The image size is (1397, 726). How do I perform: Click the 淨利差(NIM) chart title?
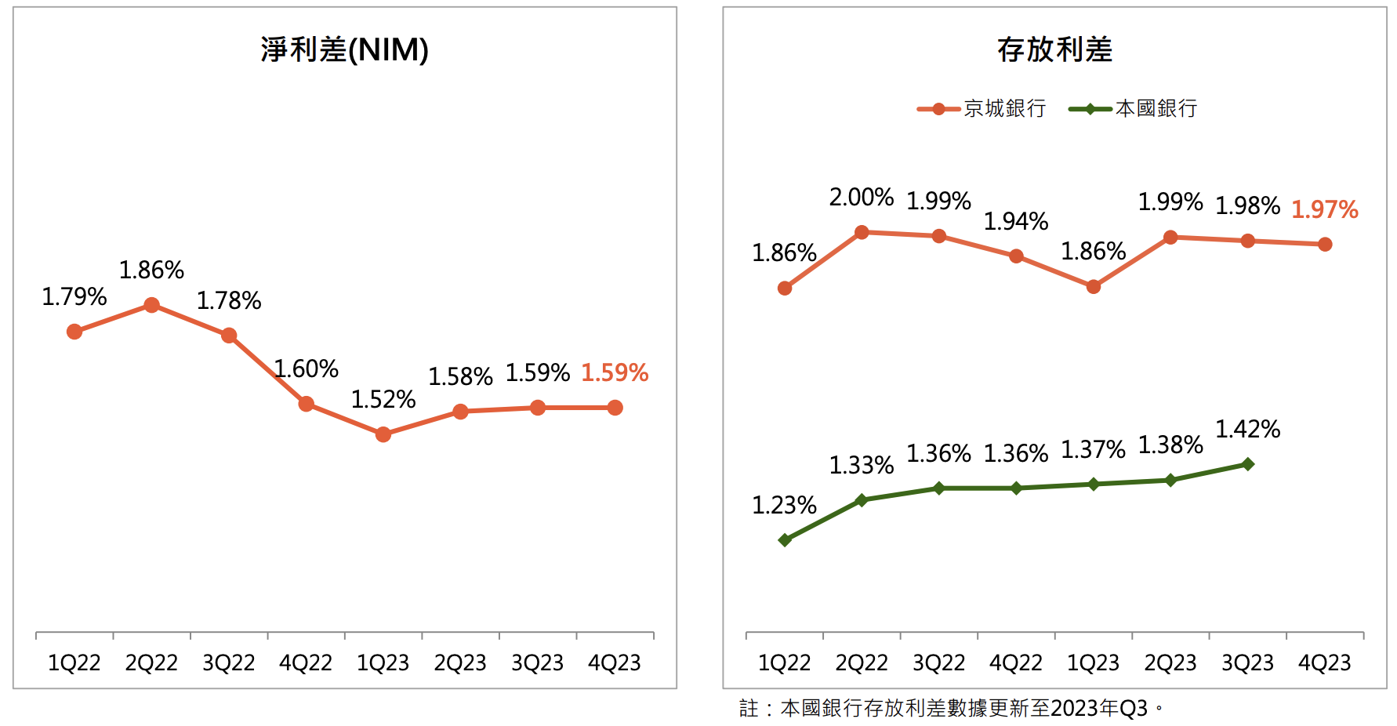pyautogui.click(x=344, y=50)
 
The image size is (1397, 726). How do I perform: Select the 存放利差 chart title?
pyautogui.click(x=1054, y=50)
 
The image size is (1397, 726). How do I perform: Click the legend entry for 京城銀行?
pyautogui.click(x=982, y=109)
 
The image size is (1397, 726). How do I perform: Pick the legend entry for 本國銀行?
pyautogui.click(x=1134, y=109)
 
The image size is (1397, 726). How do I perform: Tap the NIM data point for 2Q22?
pyautogui.click(x=152, y=305)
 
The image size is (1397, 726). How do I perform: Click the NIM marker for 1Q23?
pyautogui.click(x=383, y=434)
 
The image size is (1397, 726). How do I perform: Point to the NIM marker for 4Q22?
pyautogui.click(x=307, y=404)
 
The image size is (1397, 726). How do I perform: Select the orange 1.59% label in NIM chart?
pyautogui.click(x=615, y=372)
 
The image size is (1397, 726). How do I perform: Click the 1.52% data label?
pyautogui.click(x=383, y=400)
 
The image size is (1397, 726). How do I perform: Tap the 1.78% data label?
pyautogui.click(x=229, y=301)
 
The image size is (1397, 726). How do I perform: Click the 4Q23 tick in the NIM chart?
pyautogui.click(x=615, y=663)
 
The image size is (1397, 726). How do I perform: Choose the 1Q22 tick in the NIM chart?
pyautogui.click(x=74, y=663)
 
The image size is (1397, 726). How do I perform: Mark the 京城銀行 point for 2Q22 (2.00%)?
pyautogui.click(x=862, y=232)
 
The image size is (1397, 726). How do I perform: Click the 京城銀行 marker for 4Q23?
pyautogui.click(x=1325, y=245)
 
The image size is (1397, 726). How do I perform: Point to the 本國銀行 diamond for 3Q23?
pyautogui.click(x=1248, y=464)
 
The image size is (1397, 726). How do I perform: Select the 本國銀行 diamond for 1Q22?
pyautogui.click(x=785, y=540)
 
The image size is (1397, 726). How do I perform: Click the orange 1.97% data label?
pyautogui.click(x=1325, y=209)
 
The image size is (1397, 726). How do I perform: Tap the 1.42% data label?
pyautogui.click(x=1248, y=430)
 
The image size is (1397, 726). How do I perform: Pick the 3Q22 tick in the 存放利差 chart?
pyautogui.click(x=938, y=663)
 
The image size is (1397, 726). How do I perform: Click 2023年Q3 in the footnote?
pyautogui.click(x=1099, y=709)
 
